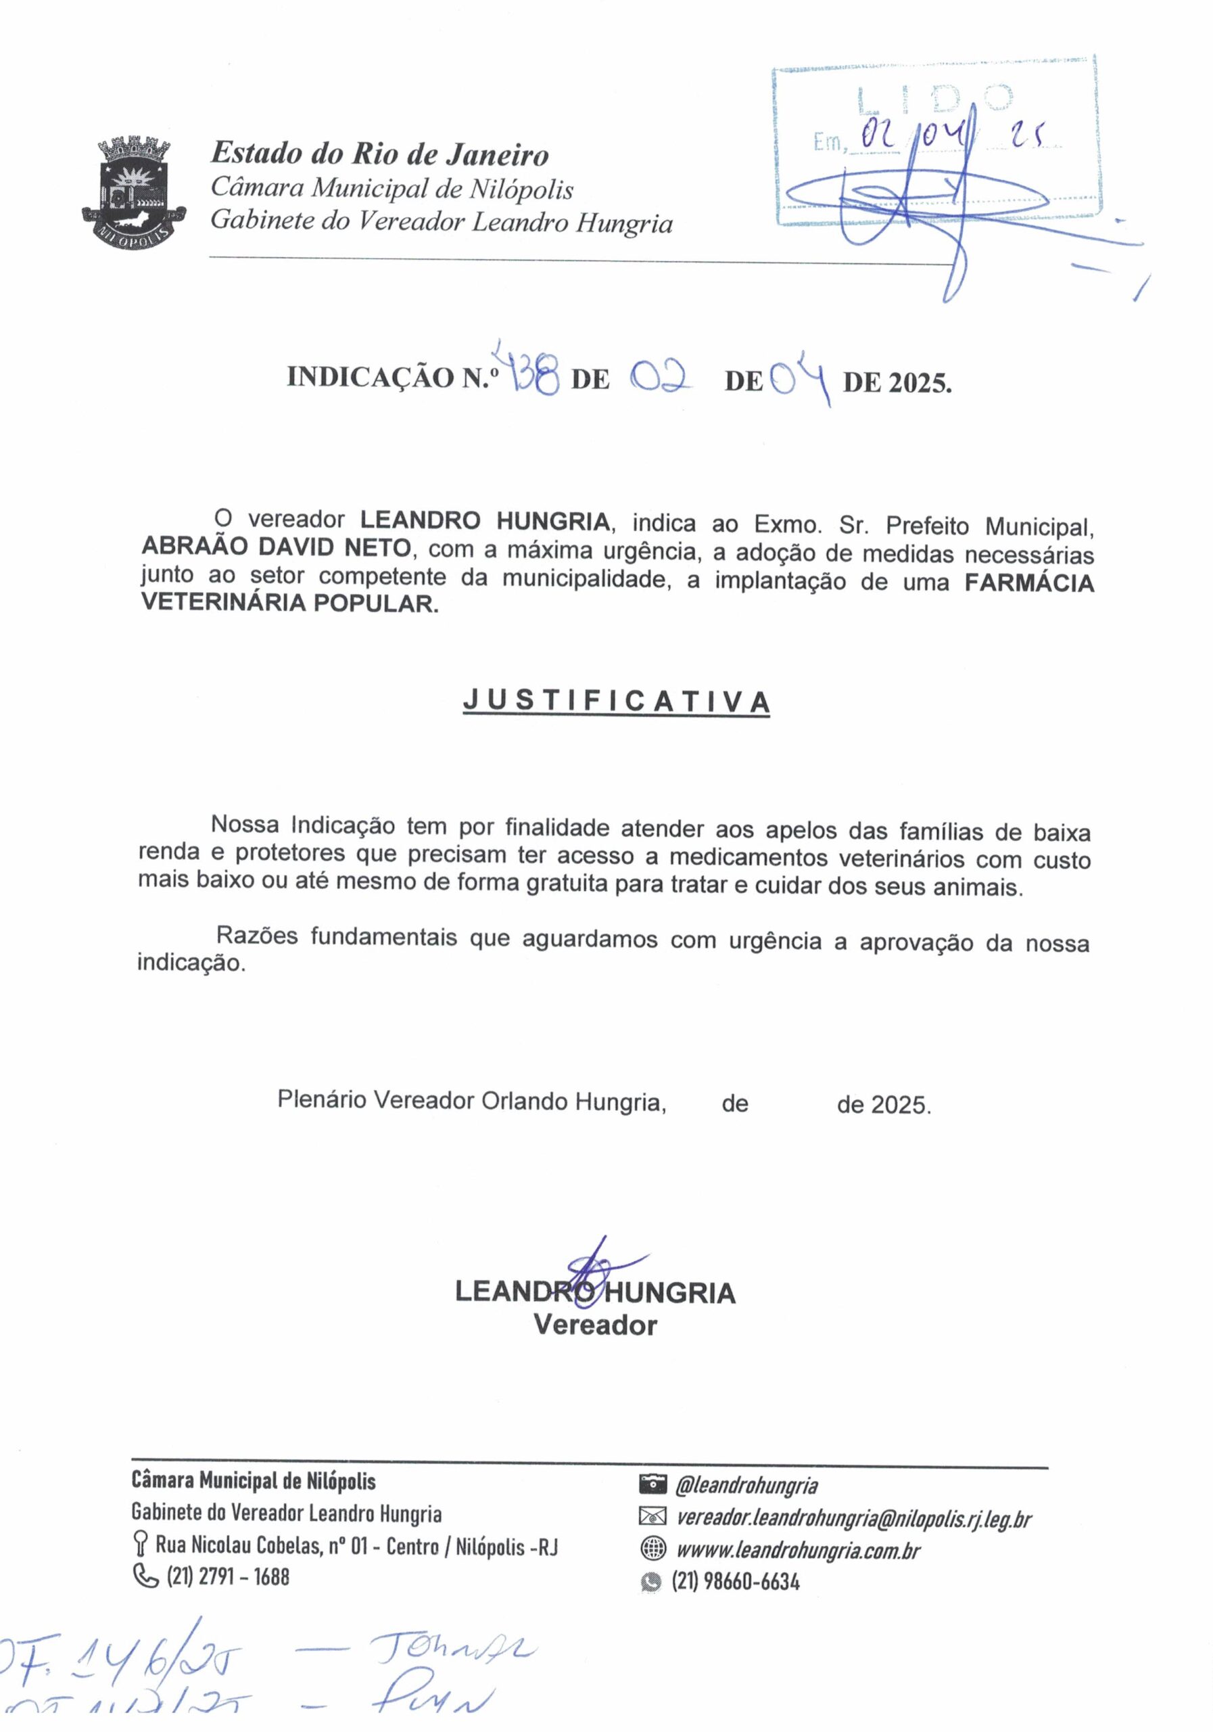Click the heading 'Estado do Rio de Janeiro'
coord(379,154)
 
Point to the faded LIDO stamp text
coord(935,97)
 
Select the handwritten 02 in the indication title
coord(661,375)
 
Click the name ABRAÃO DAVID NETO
coord(276,547)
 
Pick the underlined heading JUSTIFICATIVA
coord(616,702)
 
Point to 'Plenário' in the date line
coord(322,1099)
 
